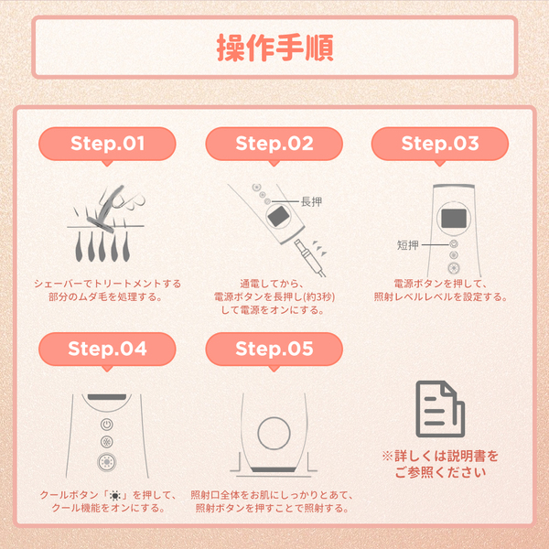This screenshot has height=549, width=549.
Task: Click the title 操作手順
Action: pyautogui.click(x=274, y=48)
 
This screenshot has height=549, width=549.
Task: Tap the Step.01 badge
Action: pyautogui.click(x=107, y=144)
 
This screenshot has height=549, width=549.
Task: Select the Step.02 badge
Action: pyautogui.click(x=274, y=144)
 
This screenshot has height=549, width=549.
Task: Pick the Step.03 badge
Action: pyautogui.click(x=440, y=144)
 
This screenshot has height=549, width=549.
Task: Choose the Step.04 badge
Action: pyautogui.click(x=107, y=350)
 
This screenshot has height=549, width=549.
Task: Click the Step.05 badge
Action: pyautogui.click(x=274, y=350)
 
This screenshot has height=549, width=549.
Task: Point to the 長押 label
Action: pyautogui.click(x=311, y=201)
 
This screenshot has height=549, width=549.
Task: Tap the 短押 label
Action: pyautogui.click(x=407, y=245)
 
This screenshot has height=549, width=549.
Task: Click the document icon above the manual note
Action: pyautogui.click(x=440, y=409)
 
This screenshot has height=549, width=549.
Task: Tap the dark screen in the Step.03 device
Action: pyautogui.click(x=454, y=219)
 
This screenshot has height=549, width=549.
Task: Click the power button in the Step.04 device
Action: pyautogui.click(x=107, y=425)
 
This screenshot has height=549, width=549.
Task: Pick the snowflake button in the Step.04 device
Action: pyautogui.click(x=107, y=442)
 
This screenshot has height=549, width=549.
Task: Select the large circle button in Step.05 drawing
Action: pyautogui.click(x=274, y=434)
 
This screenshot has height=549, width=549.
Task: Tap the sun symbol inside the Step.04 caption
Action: pyautogui.click(x=115, y=495)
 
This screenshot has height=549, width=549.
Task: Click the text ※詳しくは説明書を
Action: pyautogui.click(x=440, y=457)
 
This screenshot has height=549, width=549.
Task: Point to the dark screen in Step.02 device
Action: pyautogui.click(x=278, y=216)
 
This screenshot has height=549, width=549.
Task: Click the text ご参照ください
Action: pyautogui.click(x=440, y=472)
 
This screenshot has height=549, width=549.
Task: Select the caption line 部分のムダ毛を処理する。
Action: pyautogui.click(x=106, y=297)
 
